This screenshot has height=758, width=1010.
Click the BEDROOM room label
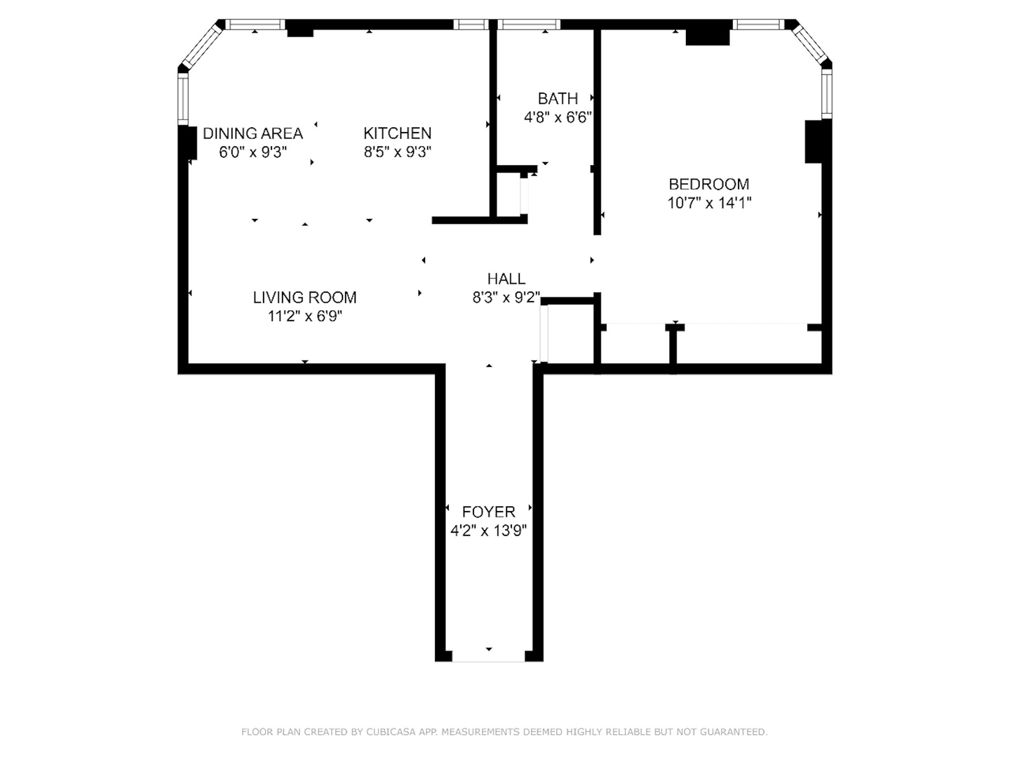[x=708, y=185]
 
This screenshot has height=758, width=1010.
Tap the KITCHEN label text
[x=397, y=133]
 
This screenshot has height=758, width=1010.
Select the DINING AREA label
[x=252, y=133]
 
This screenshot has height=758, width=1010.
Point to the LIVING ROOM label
[x=304, y=298]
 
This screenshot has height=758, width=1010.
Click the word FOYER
[x=488, y=512]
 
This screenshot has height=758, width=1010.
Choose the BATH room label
[x=558, y=99]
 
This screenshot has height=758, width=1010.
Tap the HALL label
[x=506, y=279]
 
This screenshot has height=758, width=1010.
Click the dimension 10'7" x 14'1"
[x=709, y=204]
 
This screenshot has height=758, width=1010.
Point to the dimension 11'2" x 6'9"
[x=304, y=317]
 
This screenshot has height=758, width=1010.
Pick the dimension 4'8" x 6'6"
[x=558, y=118]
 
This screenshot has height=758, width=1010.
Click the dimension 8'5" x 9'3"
[x=397, y=152]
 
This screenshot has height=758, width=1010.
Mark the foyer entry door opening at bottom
[x=488, y=657]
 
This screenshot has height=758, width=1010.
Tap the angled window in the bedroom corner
[x=811, y=44]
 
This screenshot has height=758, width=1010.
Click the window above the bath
[x=530, y=25]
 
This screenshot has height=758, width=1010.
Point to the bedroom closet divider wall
[x=673, y=347]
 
